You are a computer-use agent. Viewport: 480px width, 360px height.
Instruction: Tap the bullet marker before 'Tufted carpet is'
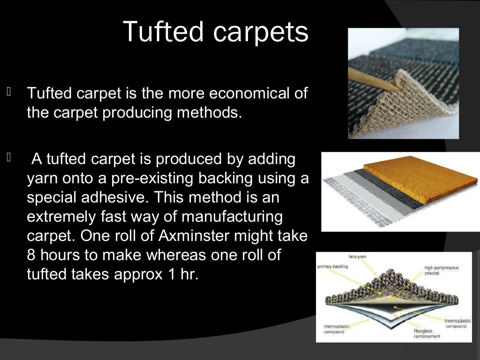click(x=8, y=91)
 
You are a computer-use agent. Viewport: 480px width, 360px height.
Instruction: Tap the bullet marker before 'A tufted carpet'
click(x=8, y=157)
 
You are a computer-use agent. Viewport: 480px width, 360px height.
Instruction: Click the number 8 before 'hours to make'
click(x=31, y=255)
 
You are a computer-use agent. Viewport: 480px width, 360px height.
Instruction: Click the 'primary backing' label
click(x=332, y=266)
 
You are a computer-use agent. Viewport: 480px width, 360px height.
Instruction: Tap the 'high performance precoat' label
click(x=441, y=270)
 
